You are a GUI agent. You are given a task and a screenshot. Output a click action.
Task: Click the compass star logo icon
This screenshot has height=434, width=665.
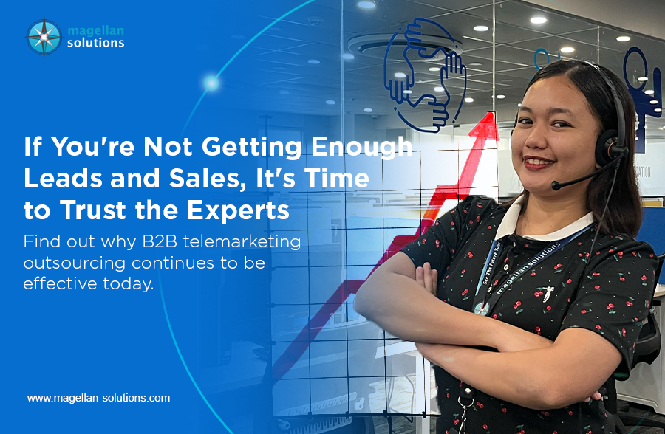tap(44, 37)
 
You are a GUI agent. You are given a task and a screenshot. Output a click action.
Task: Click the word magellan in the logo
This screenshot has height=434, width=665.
tap(96, 31)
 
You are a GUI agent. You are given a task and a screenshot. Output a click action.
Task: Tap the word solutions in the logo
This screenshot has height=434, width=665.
tap(96, 42)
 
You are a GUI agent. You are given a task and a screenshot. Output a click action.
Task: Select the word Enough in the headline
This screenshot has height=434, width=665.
tap(362, 147)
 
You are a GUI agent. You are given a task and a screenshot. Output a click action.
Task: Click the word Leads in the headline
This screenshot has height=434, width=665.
tap(63, 179)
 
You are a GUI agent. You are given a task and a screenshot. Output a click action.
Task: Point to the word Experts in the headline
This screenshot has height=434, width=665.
tap(238, 210)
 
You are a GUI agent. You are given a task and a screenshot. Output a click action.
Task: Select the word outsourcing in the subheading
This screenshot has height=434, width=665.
tap(74, 263)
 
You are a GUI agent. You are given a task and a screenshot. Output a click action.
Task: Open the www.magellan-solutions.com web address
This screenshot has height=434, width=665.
tap(98, 398)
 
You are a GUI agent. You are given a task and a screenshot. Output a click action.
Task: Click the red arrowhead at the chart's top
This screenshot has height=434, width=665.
tap(485, 125)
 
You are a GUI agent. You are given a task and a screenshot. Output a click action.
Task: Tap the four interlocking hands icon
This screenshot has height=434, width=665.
tap(425, 75)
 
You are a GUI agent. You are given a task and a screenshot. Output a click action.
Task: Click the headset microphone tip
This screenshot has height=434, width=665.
tap(556, 185)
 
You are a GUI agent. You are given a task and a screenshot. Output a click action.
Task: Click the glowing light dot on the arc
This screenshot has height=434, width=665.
tap(211, 83)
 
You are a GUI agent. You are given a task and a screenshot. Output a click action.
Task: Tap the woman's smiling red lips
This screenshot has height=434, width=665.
tap(538, 162)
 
